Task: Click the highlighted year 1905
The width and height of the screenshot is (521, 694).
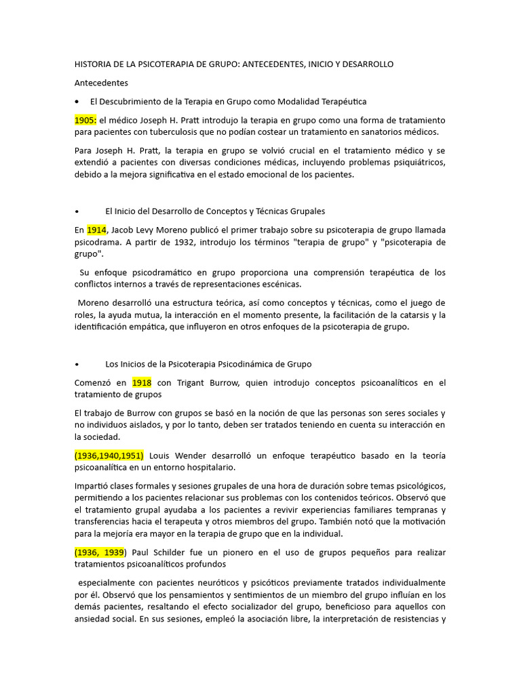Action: click(85, 120)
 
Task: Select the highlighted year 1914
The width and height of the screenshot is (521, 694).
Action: click(96, 230)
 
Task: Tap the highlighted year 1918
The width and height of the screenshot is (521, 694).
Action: click(142, 383)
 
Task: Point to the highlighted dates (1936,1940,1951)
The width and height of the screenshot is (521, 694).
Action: click(109, 455)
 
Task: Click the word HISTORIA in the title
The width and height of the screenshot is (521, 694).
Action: click(93, 64)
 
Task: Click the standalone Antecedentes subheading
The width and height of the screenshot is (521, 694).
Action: click(101, 83)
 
